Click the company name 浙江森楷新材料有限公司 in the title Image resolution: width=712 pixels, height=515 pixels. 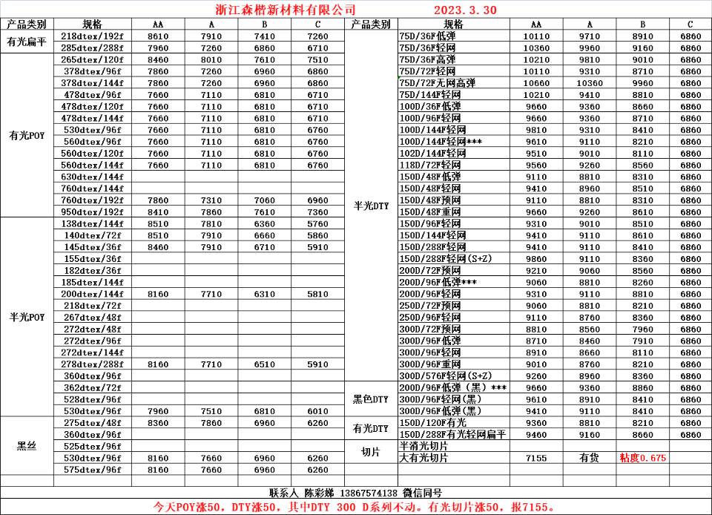coord(280,10)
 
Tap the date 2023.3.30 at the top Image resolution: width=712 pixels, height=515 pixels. coord(465,10)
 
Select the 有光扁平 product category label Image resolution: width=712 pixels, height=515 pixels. coord(27,42)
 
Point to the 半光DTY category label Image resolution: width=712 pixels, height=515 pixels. coord(370,206)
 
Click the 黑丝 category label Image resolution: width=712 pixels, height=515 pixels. coord(27,446)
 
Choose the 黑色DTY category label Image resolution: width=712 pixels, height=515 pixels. coord(370,399)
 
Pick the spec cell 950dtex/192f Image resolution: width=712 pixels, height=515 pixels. coord(92,211)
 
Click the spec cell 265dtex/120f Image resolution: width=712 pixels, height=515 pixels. coord(92,59)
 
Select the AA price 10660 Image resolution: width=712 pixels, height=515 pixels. coord(536,83)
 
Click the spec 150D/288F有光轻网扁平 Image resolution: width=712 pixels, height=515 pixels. coord(452,434)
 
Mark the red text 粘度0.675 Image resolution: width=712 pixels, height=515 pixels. coord(642,458)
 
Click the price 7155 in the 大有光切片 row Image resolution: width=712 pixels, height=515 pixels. coord(536,458)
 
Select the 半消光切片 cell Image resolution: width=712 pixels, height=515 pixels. coord(424,446)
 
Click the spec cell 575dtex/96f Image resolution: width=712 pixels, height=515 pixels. coord(92,470)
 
